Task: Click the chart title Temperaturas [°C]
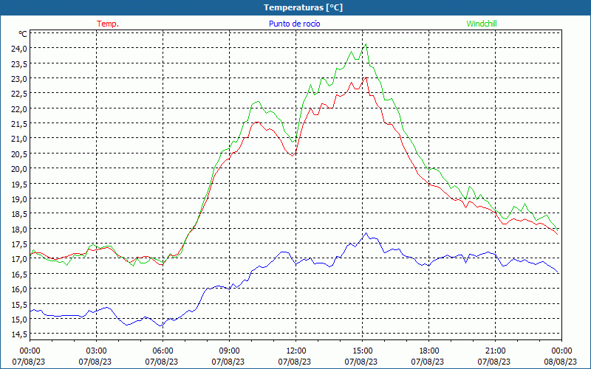pos(303,7)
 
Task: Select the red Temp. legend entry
pos(108,24)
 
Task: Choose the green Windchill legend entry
pos(482,24)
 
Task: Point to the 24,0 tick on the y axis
pos(18,48)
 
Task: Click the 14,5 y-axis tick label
pos(18,334)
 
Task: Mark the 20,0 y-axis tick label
pos(18,168)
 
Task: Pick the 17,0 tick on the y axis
pos(18,259)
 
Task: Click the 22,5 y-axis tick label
pos(18,93)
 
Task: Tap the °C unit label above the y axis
pos(23,34)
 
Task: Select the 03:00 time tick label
pos(97,351)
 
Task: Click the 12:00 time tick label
pos(296,351)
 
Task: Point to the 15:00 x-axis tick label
pos(363,351)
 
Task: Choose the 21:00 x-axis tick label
pos(496,351)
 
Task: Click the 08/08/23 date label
pos(562,362)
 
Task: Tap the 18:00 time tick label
pos(429,351)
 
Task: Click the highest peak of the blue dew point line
pos(366,233)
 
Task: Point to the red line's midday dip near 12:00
pos(293,156)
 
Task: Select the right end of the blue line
pos(559,274)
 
